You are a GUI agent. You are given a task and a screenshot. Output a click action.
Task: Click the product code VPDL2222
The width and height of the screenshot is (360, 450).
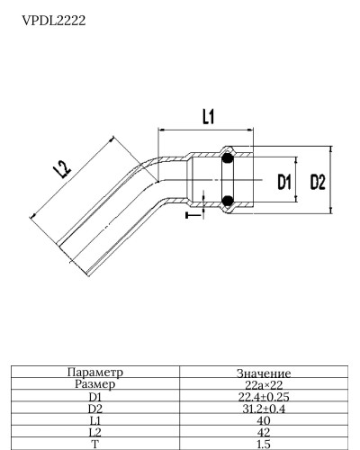pos(54,20)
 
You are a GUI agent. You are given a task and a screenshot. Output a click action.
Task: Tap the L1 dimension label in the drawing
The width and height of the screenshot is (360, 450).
pos(207,116)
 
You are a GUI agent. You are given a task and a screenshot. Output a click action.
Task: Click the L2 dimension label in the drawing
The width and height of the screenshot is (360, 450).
pos(63,168)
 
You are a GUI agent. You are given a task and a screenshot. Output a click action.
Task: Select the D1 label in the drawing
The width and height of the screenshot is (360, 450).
pos(285,183)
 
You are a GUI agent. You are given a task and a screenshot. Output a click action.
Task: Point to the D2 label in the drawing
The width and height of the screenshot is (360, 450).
pos(317,183)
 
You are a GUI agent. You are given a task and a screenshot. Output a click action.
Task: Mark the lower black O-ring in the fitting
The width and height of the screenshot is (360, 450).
pos(229,201)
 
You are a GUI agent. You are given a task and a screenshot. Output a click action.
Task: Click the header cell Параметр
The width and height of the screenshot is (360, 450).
pos(95,372)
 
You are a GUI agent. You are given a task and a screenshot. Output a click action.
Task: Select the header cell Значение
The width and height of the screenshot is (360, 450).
pos(264,373)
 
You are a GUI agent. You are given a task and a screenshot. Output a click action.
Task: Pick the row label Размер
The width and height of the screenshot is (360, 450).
pos(95,383)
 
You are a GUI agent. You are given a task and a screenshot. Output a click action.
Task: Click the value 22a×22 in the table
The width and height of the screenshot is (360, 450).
pos(264,384)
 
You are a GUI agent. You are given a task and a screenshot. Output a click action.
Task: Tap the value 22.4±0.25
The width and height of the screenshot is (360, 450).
pos(264,396)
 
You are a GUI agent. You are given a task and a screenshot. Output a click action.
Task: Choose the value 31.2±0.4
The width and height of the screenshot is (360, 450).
pos(264,408)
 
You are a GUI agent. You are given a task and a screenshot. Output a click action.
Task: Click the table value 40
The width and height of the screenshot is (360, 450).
pos(264,420)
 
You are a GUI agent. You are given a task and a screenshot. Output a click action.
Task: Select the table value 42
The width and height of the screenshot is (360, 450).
pos(264,432)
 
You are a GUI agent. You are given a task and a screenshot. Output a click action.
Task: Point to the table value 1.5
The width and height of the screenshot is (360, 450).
pos(264,444)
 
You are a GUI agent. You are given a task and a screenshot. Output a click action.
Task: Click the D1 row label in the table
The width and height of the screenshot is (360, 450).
pos(95,396)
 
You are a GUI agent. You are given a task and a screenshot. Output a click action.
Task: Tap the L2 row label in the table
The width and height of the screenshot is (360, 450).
pos(95,432)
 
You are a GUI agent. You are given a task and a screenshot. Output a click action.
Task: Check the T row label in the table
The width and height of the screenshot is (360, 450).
pos(95,444)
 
